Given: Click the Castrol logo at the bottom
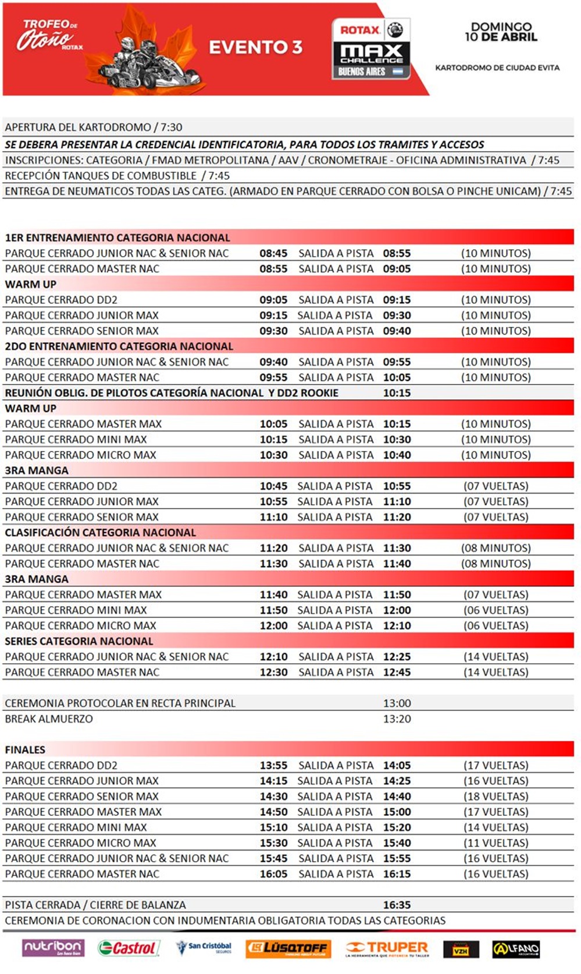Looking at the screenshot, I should [x=128, y=948].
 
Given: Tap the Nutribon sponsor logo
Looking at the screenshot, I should [x=53, y=947].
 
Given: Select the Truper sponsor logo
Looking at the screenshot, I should [x=387, y=948].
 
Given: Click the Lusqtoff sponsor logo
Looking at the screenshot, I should [x=288, y=948].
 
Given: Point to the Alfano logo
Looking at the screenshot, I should [x=516, y=948].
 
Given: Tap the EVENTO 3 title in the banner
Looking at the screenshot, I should [x=255, y=47].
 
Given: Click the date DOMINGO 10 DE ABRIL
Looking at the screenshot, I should [x=501, y=31].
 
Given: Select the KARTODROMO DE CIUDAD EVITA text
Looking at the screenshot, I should [x=497, y=67].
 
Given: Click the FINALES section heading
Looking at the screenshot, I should [x=25, y=749].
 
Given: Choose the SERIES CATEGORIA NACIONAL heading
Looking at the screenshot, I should [x=79, y=641].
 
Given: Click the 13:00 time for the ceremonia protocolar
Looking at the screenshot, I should [x=397, y=703].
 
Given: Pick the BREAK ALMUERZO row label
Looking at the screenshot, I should [x=49, y=719].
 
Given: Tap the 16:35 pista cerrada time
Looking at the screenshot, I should [x=397, y=905].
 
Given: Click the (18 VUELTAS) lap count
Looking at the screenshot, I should [x=496, y=796].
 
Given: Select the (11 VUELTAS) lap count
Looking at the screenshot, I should [x=496, y=843].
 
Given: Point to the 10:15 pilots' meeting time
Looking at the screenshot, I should [x=397, y=393].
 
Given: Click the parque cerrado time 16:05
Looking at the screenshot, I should [x=273, y=873].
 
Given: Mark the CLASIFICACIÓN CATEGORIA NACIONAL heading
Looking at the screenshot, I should [x=101, y=532].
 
